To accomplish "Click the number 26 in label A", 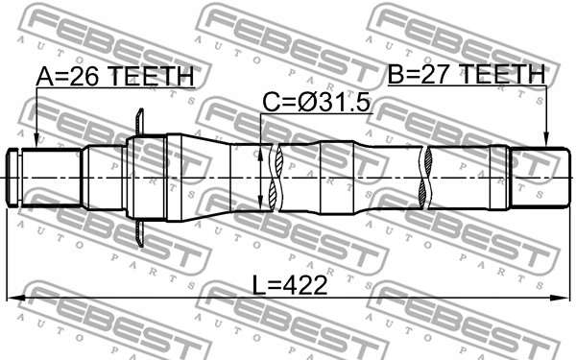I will coord(82,76).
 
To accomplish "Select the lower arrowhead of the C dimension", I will coord(263,204).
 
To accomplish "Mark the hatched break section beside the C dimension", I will coord(276,177).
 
